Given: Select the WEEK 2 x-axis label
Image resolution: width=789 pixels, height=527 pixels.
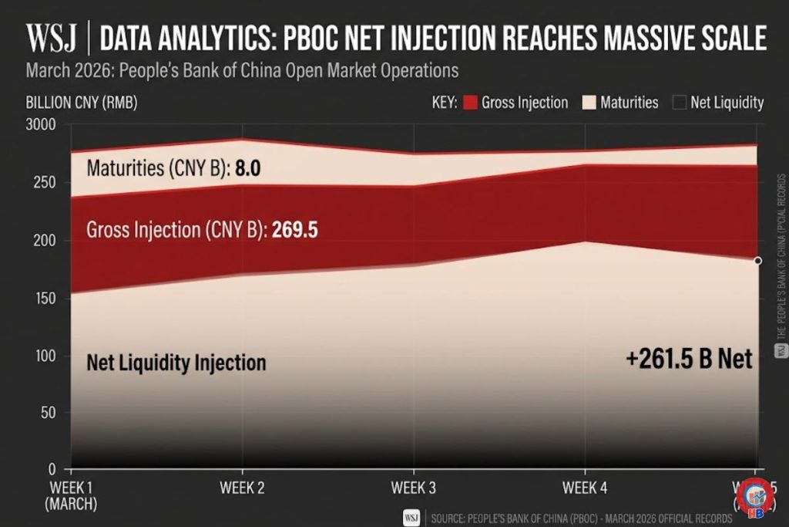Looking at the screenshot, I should click(x=243, y=488).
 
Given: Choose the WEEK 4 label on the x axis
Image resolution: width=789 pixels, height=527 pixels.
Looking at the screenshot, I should click(x=585, y=488).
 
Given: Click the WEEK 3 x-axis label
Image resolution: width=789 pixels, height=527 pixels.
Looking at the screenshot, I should click(x=414, y=488).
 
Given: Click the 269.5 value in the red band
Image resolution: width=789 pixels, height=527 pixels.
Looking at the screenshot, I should click(x=295, y=230).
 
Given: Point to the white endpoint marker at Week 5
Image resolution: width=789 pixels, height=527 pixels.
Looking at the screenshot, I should click(x=757, y=261).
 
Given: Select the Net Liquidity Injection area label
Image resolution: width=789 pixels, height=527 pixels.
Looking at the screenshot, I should click(x=176, y=363).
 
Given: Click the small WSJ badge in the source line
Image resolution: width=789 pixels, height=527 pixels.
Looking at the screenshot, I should click(x=411, y=517).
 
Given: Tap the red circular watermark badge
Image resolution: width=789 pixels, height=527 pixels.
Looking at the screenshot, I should click(x=755, y=497).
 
